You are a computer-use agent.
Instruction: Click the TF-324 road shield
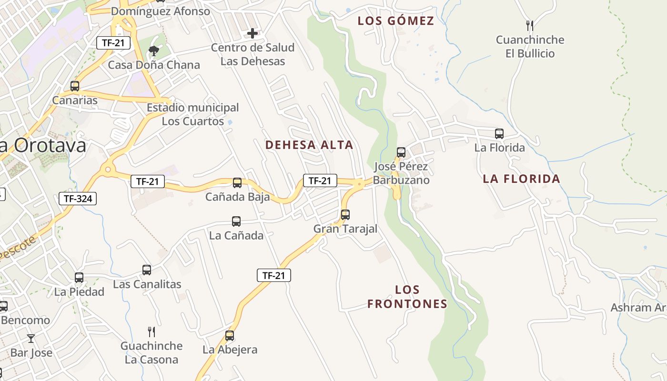pyautogui.click(x=78, y=199)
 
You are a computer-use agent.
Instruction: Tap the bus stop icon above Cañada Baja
pyautogui.click(x=237, y=183)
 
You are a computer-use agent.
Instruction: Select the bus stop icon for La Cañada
pyautogui.click(x=236, y=221)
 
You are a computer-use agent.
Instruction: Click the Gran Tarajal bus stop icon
pyautogui.click(x=345, y=215)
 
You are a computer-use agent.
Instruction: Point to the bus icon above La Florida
pyautogui.click(x=499, y=134)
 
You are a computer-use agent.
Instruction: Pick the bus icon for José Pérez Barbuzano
pyautogui.click(x=401, y=152)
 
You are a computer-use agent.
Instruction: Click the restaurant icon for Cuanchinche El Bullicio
pyautogui.click(x=529, y=25)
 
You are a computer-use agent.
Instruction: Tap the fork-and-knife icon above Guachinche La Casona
pyautogui.click(x=152, y=332)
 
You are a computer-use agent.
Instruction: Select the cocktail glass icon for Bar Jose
pyautogui.click(x=31, y=339)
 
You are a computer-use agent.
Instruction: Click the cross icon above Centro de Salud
pyautogui.click(x=253, y=33)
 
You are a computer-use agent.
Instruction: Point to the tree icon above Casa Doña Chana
pyautogui.click(x=153, y=51)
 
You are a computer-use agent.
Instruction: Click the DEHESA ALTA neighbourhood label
pyautogui.click(x=309, y=145)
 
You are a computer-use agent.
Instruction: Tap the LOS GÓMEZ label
pyautogui.click(x=396, y=21)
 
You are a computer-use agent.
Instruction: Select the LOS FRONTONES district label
pyautogui.click(x=407, y=297)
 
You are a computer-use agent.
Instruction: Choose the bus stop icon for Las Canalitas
pyautogui.click(x=147, y=270)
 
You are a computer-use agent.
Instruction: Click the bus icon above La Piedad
pyautogui.click(x=79, y=278)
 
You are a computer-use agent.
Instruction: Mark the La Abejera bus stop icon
pyautogui.click(x=230, y=336)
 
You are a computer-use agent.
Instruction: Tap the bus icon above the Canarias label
pyautogui.click(x=75, y=86)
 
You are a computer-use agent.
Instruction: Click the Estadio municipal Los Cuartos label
pyautogui.click(x=193, y=114)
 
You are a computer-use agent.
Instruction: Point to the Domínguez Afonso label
pyautogui.click(x=160, y=10)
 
